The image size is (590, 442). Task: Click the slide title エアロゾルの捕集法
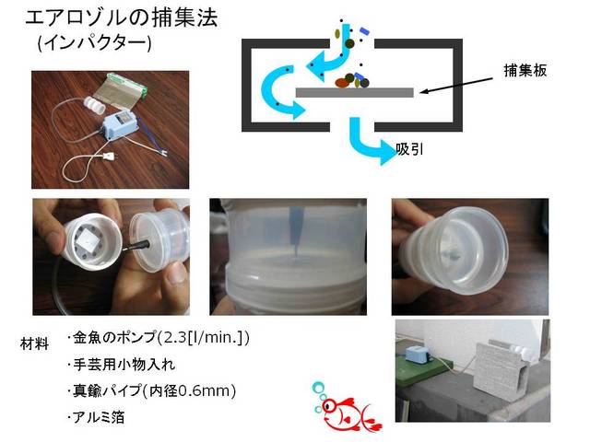(x=122, y=17)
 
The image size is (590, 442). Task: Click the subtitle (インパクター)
(x=94, y=43)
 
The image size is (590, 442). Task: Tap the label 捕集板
(x=525, y=70)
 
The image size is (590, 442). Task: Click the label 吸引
(x=409, y=149)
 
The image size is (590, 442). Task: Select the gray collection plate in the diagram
(x=354, y=92)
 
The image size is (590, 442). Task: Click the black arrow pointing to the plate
(x=456, y=86)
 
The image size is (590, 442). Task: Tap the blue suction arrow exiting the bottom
(x=372, y=141)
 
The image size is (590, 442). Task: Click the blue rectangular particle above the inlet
(x=365, y=31)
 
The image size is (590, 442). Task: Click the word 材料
(x=34, y=343)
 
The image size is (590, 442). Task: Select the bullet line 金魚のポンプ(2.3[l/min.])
(x=158, y=338)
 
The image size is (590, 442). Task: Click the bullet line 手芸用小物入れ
(x=121, y=365)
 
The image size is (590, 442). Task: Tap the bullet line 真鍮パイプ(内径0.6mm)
(x=151, y=390)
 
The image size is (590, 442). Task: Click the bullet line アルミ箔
(x=96, y=417)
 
